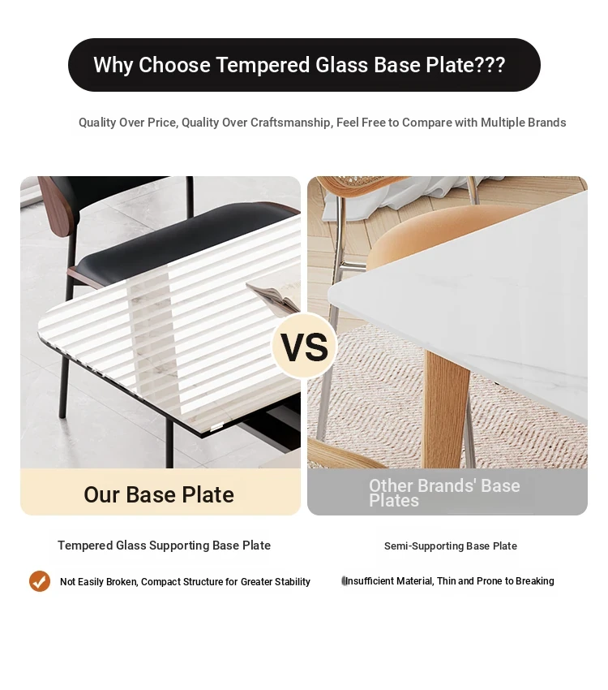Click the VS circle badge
[x=305, y=347]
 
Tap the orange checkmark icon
[x=40, y=581]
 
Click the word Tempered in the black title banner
[x=263, y=65]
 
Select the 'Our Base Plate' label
[x=159, y=494]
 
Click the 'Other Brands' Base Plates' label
[x=444, y=493]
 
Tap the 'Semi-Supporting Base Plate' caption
[x=450, y=546]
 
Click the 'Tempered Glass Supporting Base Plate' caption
[x=164, y=546]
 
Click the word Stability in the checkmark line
[x=292, y=582]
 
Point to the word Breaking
[x=535, y=581]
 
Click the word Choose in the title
[x=174, y=65]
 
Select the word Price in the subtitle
[x=161, y=123]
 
